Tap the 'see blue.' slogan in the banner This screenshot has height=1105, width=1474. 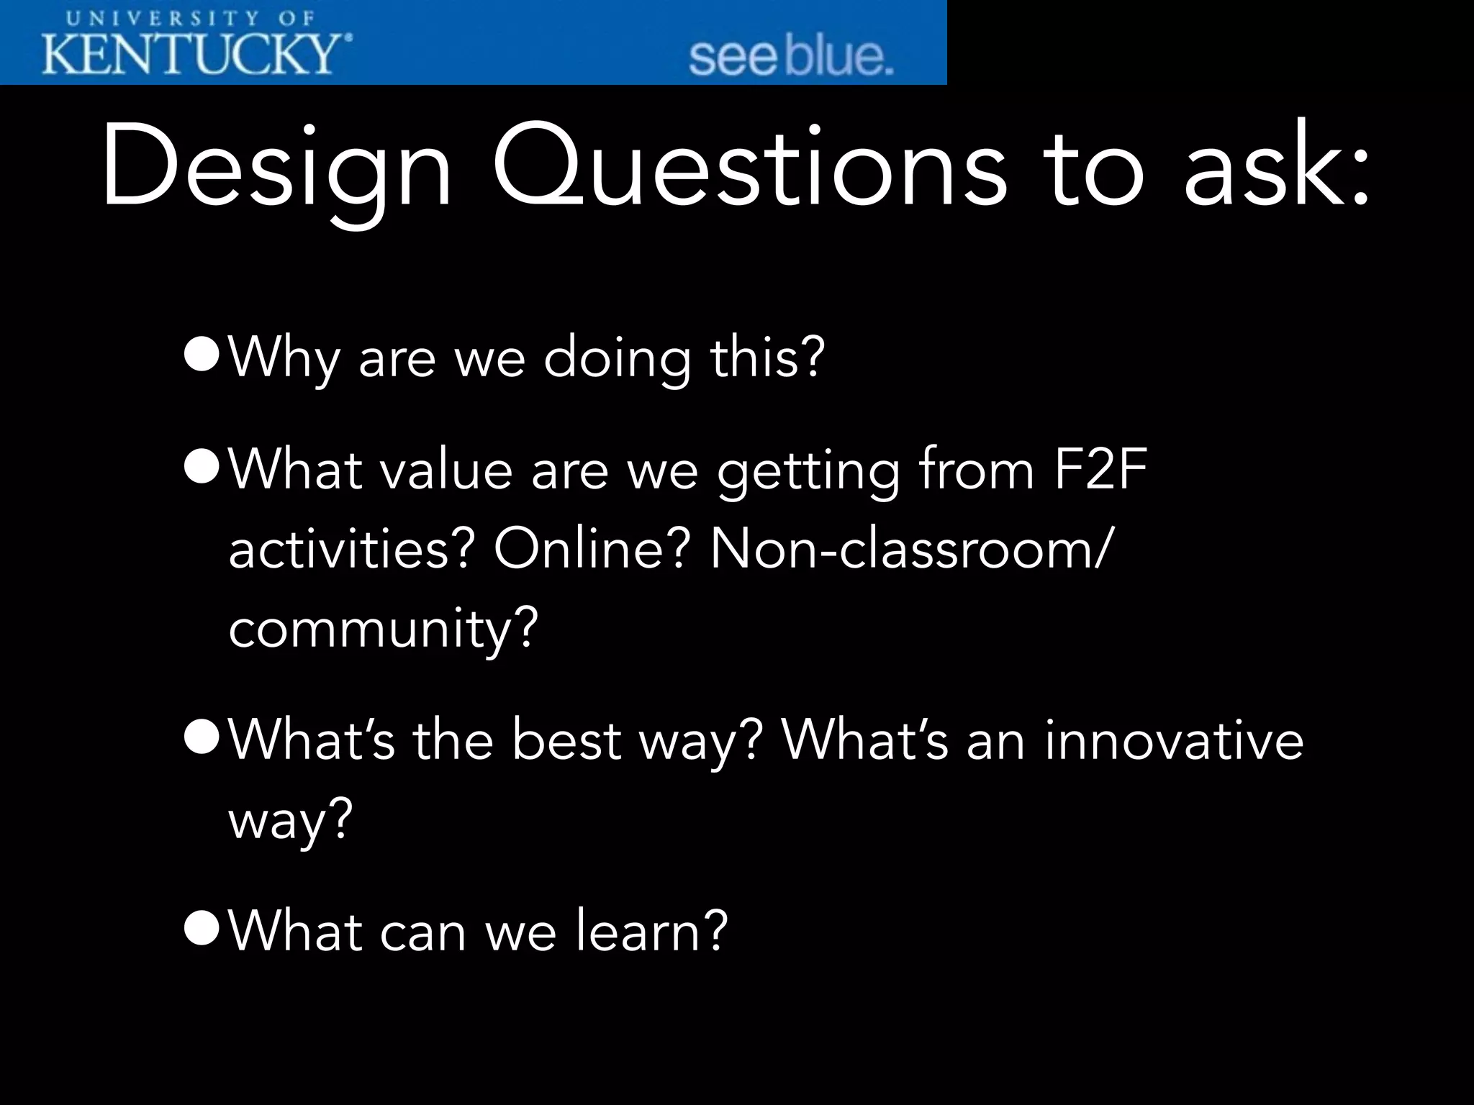(790, 58)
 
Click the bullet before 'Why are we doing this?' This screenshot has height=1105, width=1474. (201, 357)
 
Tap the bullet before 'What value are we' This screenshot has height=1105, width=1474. (201, 468)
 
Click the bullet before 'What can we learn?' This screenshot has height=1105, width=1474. (201, 929)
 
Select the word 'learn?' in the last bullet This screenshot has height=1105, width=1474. (651, 930)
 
